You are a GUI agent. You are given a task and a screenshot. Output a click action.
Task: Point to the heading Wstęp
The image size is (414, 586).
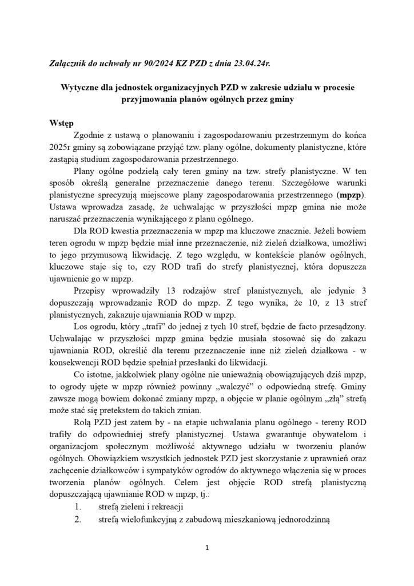point(62,124)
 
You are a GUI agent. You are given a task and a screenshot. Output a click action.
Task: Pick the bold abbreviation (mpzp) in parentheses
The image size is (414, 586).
point(349,195)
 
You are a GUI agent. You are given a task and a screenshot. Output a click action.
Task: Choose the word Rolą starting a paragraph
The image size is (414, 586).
point(83,422)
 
